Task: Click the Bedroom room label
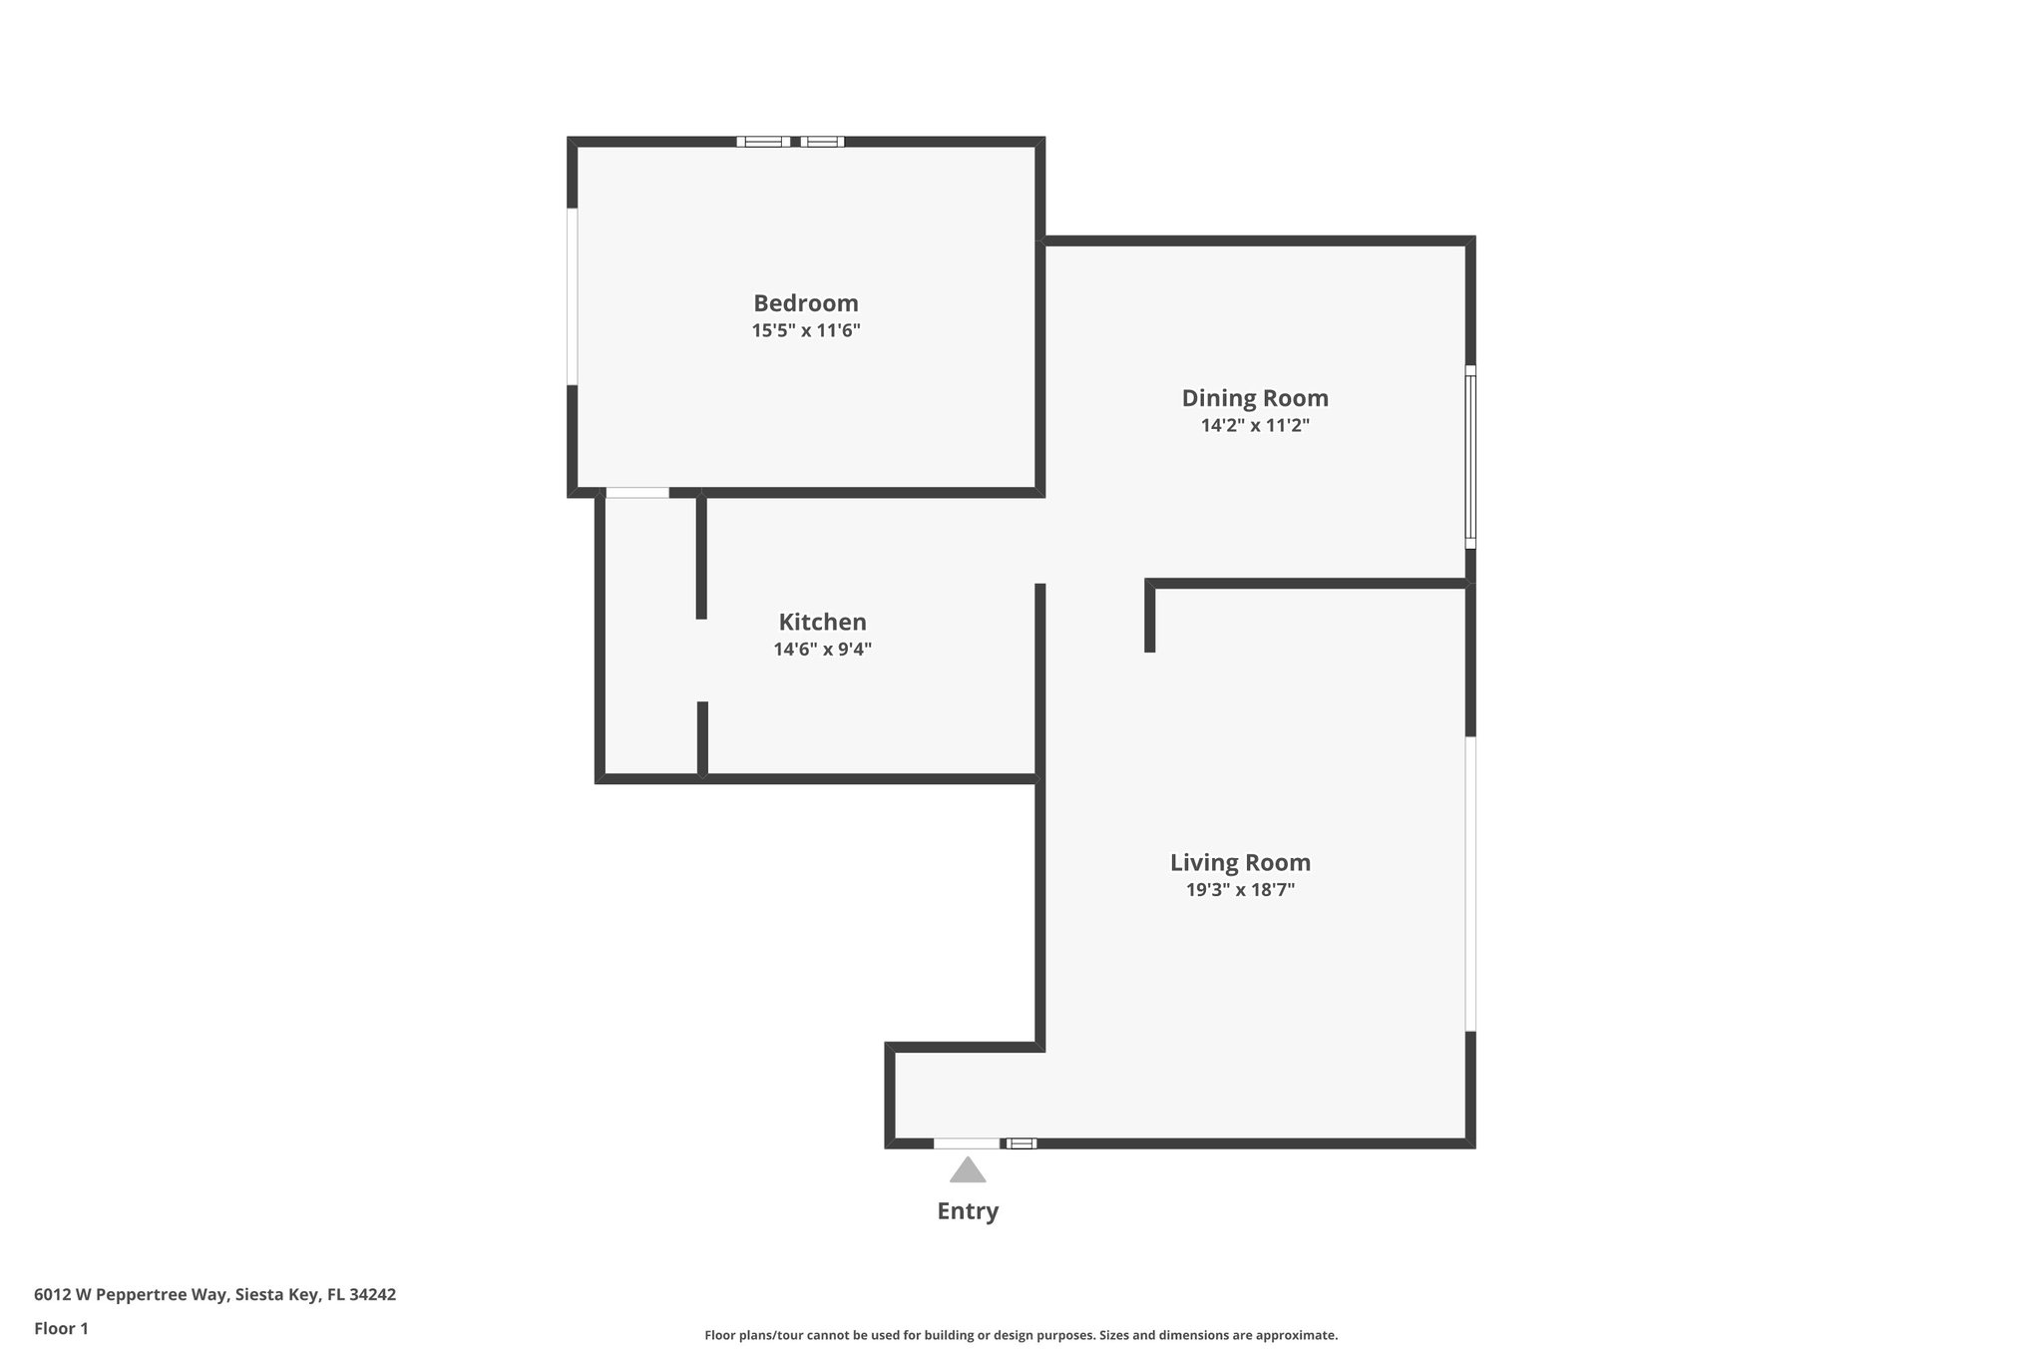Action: [805, 303]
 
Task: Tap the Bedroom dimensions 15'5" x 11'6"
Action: [805, 330]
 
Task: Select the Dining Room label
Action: [1255, 398]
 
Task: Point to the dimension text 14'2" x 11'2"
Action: [1255, 425]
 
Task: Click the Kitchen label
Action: [822, 623]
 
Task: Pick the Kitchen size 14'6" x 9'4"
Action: [822, 650]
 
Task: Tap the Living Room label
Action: [1240, 862]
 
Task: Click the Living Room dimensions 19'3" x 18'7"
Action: [1240, 890]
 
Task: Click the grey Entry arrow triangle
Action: [967, 1170]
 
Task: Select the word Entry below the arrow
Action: [967, 1211]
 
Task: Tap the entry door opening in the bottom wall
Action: [966, 1143]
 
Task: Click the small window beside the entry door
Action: [1021, 1143]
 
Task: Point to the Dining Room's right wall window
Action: [1469, 457]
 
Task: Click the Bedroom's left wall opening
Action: [573, 296]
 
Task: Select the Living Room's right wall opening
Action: [1469, 884]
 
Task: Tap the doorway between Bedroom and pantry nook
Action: [637, 493]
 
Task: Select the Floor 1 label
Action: [61, 1329]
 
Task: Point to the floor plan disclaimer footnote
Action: [1021, 1335]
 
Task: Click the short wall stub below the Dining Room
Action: [1149, 619]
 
